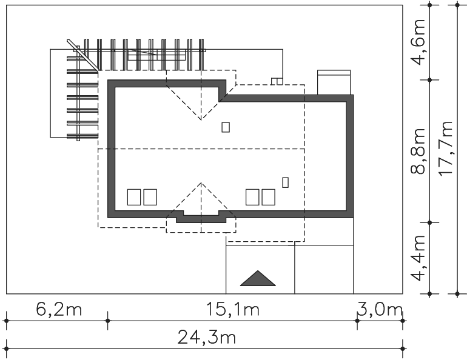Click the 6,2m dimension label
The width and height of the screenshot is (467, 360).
click(x=59, y=309)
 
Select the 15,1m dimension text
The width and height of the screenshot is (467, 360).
click(x=233, y=309)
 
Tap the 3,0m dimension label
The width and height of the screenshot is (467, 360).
click(x=380, y=310)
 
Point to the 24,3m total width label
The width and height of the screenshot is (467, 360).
click(x=206, y=338)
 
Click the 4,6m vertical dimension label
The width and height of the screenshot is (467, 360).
click(x=418, y=42)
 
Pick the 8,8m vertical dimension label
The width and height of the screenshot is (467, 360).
click(x=418, y=151)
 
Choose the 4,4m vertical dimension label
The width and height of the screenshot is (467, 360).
click(x=418, y=258)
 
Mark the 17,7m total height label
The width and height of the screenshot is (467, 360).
click(x=446, y=148)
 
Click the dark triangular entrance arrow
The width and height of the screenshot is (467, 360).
click(x=258, y=278)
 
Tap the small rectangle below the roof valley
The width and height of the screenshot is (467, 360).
click(x=226, y=127)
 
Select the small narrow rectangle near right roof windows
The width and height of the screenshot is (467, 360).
click(x=285, y=182)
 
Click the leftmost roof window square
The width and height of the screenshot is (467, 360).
click(x=134, y=197)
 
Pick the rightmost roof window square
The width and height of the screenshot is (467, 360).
click(x=268, y=197)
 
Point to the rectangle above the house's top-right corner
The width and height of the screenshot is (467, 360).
click(x=334, y=82)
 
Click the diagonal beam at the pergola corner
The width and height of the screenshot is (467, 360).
click(x=83, y=56)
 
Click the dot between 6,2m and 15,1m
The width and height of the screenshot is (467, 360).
click(x=108, y=321)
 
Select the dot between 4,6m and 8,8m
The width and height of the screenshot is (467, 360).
click(x=429, y=80)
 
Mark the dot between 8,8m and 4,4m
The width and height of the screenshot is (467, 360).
click(x=429, y=222)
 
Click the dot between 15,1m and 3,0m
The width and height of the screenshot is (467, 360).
click(x=357, y=321)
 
